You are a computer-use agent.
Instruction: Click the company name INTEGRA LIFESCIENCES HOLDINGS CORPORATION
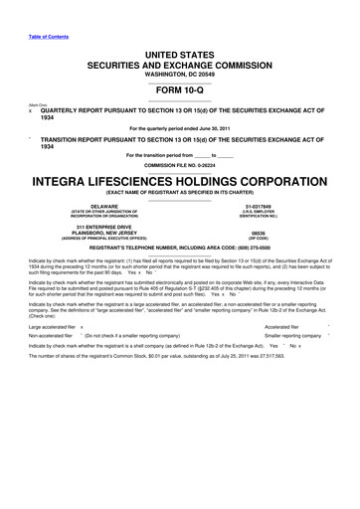[179, 184]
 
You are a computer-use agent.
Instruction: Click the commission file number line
[179, 164]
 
